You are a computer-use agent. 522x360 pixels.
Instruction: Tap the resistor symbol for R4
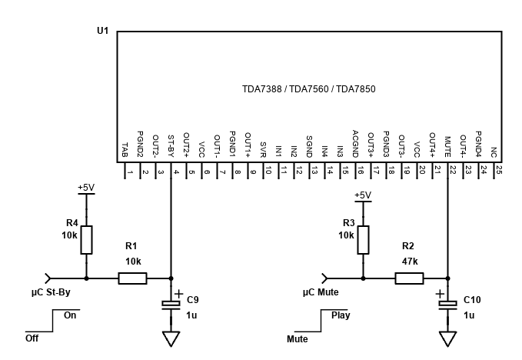point(86,240)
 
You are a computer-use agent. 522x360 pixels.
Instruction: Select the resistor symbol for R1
point(131,278)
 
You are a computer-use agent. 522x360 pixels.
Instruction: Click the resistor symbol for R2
point(409,278)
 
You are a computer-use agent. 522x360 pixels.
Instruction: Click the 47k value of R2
point(409,262)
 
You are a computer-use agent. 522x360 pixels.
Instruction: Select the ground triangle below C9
point(171,338)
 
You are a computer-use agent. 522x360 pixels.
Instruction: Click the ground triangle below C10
point(447,338)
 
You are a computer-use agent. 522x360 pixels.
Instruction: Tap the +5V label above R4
point(85,187)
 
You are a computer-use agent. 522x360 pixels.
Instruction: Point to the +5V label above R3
point(363,195)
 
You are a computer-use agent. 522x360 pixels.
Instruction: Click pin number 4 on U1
point(176,172)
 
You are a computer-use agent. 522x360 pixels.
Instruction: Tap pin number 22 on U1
point(453,172)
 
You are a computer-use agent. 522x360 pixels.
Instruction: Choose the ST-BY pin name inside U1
point(172,146)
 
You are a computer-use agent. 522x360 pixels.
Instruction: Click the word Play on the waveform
point(340,315)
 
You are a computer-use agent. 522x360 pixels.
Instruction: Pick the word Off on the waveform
point(32,338)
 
